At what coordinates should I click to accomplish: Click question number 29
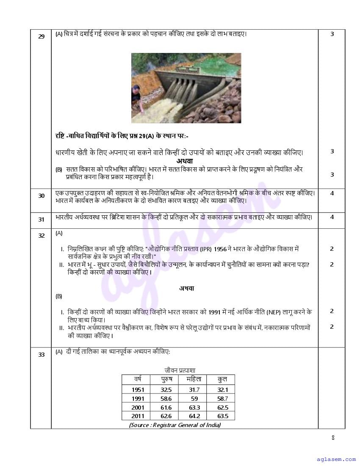[41, 36]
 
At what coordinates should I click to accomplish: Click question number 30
[41, 196]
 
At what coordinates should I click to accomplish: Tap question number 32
[41, 236]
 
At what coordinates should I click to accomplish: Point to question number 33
[41, 355]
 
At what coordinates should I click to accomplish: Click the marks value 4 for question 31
[332, 217]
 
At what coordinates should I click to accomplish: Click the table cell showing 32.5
[166, 390]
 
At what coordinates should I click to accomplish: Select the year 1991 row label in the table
[138, 399]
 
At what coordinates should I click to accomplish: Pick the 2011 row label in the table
[138, 416]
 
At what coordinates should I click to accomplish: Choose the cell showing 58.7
[222, 399]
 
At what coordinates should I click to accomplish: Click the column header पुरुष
[166, 379]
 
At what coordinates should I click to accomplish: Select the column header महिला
[194, 379]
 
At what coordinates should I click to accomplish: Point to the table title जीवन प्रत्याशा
[180, 370]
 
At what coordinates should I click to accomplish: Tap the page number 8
[333, 438]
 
